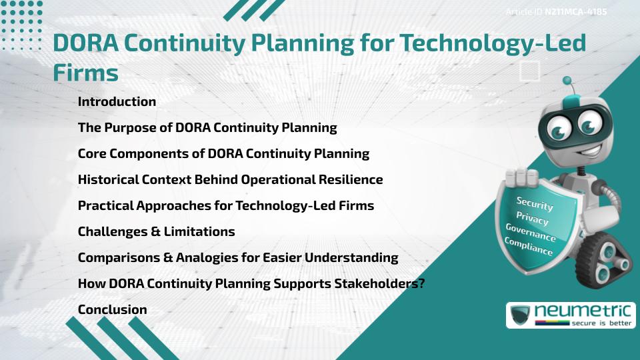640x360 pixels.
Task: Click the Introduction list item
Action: click(117, 102)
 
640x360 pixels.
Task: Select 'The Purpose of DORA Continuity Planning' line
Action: click(207, 127)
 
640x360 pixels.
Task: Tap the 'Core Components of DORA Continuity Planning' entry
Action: click(223, 153)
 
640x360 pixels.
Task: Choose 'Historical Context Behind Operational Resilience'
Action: click(230, 179)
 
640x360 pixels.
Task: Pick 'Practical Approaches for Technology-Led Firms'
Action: click(225, 205)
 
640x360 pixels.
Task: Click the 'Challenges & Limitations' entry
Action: click(156, 231)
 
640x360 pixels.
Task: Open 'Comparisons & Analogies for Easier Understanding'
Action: click(237, 257)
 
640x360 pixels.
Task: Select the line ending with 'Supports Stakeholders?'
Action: click(251, 283)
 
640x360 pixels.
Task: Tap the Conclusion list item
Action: click(112, 309)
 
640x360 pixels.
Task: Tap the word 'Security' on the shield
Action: click(535, 204)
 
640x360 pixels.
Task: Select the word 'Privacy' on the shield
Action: click(532, 218)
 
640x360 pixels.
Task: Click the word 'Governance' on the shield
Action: click(530, 233)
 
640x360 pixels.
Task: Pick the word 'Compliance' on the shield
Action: click(529, 246)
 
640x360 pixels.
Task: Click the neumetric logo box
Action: click(570, 315)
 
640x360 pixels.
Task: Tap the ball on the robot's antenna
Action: click(567, 81)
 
